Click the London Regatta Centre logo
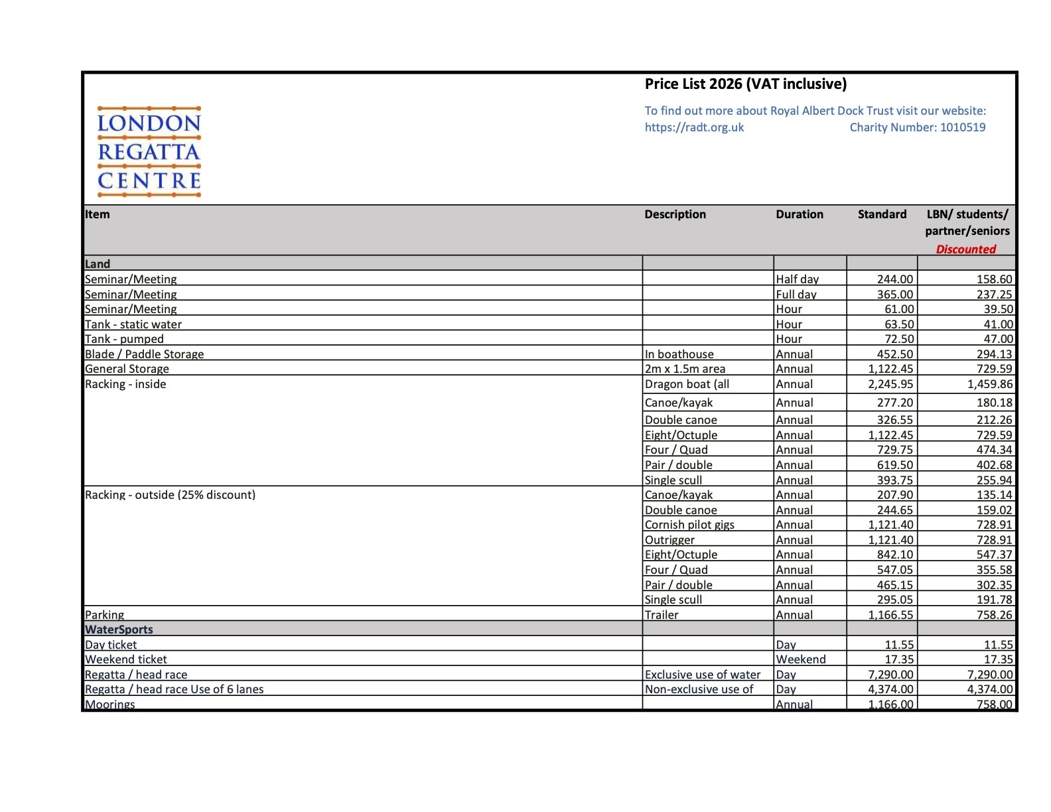point(149,152)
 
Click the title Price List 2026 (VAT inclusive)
point(745,84)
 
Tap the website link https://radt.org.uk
point(694,127)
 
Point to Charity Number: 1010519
point(917,127)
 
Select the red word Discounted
point(965,249)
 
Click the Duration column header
point(799,214)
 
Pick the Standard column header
point(881,214)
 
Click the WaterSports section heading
point(119,630)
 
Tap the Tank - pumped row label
point(124,339)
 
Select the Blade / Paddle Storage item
point(144,354)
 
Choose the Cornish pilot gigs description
point(689,525)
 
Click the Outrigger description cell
point(669,540)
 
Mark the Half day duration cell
point(797,279)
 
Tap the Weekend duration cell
point(800,659)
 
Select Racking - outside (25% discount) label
point(170,495)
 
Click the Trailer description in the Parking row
point(662,615)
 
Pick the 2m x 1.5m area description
point(685,369)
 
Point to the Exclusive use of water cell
point(702,675)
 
